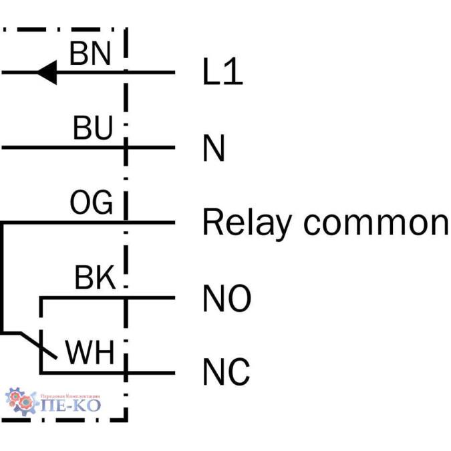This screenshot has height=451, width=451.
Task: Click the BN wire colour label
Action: [x=90, y=53]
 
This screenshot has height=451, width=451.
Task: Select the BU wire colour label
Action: [x=92, y=128]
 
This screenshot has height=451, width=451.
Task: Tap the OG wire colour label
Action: [x=92, y=203]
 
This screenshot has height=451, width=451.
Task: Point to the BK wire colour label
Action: [x=94, y=279]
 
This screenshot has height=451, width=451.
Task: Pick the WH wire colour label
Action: [x=90, y=353]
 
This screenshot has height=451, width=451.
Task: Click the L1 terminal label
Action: [x=222, y=73]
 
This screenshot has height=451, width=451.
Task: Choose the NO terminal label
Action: [x=227, y=299]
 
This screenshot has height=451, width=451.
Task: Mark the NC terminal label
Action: [x=227, y=372]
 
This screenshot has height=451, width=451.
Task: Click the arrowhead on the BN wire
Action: [x=46, y=73]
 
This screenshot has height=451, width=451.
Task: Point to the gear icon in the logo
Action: [x=21, y=400]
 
